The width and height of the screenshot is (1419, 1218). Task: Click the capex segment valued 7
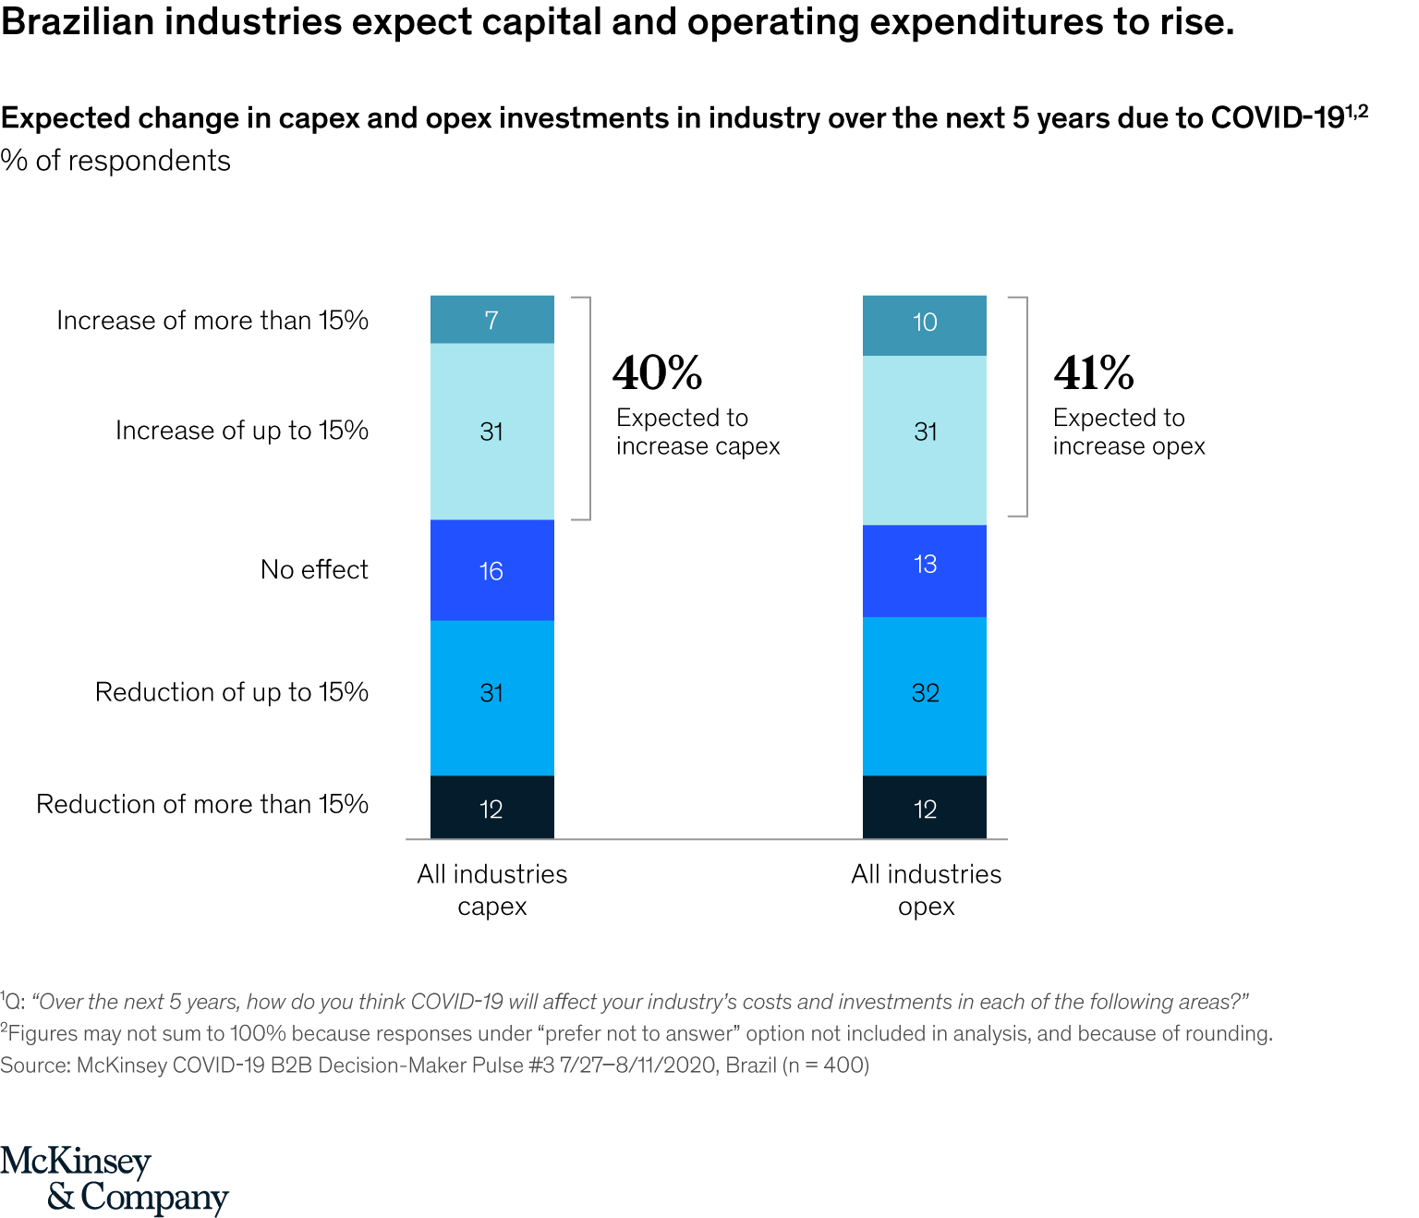point(491,320)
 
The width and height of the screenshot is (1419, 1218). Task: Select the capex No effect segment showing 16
point(491,570)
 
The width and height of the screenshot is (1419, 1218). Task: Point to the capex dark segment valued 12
point(491,808)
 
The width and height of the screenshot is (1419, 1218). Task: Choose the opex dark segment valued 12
point(924,808)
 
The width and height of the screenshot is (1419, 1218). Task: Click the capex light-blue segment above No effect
point(491,432)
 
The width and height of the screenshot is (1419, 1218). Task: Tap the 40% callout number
point(657,373)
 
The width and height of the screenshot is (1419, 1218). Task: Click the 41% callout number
point(1094,373)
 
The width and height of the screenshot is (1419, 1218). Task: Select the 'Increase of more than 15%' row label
point(212,321)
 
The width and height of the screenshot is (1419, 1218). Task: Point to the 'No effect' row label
point(314,569)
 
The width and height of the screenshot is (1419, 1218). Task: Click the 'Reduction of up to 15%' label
point(232,692)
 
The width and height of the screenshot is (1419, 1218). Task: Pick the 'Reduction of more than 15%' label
point(202,804)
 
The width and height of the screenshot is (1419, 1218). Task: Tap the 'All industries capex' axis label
point(491,890)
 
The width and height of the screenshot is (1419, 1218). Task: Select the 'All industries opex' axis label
point(926,890)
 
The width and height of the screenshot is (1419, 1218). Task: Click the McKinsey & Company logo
point(114,1179)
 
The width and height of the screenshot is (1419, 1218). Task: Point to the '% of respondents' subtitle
point(115,161)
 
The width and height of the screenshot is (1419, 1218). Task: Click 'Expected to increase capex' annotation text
point(697,432)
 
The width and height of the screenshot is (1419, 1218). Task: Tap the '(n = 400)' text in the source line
point(826,1066)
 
